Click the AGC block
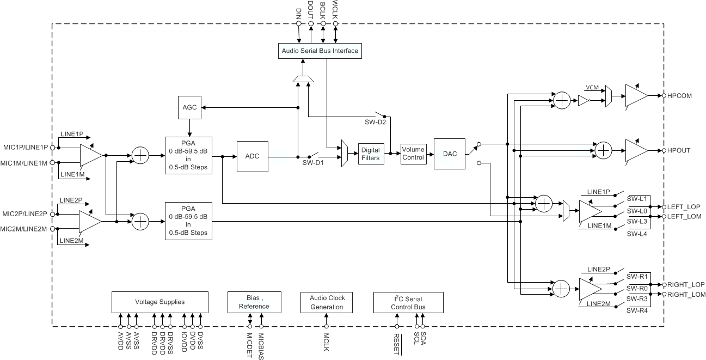point(189,107)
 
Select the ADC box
point(253,156)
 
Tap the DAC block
point(450,154)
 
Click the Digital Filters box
point(370,154)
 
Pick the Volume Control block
point(413,154)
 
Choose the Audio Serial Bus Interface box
point(320,51)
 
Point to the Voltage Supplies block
point(159,302)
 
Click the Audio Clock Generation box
point(327,302)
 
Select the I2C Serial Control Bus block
point(408,303)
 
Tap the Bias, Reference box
point(254,302)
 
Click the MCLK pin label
point(326,342)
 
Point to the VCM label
point(592,87)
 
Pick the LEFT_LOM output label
point(684,217)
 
